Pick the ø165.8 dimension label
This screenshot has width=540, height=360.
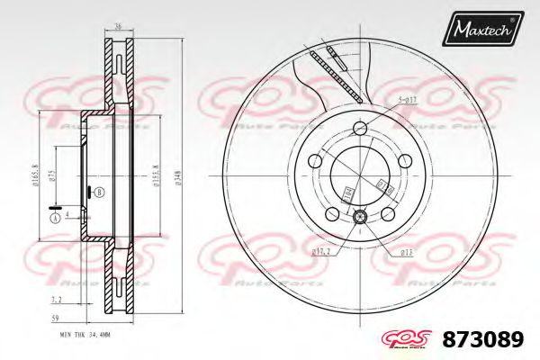[34, 175]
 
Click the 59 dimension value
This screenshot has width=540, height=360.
[56, 319]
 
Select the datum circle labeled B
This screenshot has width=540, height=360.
[99, 193]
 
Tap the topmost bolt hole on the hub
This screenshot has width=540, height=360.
[360, 126]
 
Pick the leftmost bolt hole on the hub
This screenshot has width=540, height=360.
[315, 160]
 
